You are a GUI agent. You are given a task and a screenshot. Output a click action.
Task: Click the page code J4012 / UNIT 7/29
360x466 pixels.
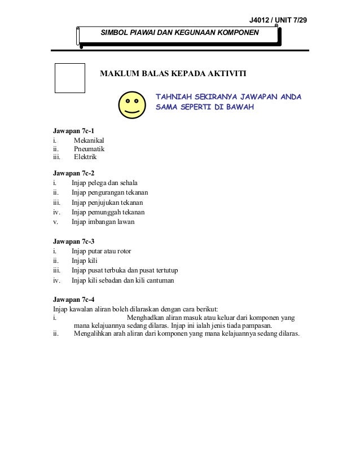pos(279,21)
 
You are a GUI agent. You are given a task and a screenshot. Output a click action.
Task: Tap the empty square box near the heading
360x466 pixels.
pos(70,77)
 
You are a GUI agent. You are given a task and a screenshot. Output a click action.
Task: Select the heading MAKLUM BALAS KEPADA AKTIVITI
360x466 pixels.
pos(173,73)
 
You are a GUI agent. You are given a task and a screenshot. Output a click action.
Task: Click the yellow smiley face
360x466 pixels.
pos(132,104)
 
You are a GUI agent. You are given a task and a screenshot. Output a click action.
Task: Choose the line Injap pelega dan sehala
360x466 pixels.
pos(104,183)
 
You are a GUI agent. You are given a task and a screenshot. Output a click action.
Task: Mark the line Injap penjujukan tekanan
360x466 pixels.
pos(107,203)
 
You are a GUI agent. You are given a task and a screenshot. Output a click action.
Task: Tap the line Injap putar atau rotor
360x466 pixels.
pos(101,250)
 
